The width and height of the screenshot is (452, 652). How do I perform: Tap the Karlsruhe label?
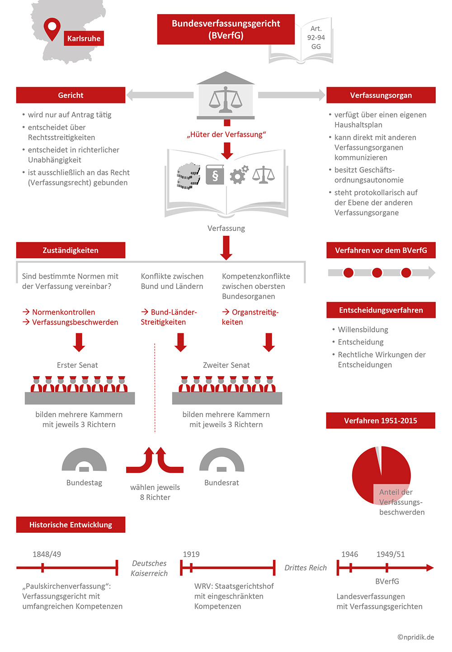(x=84, y=38)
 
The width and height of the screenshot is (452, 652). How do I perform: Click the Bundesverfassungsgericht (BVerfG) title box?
(x=226, y=29)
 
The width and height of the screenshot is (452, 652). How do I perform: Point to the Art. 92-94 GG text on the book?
(x=316, y=37)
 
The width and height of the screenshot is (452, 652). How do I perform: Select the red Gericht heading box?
(x=71, y=95)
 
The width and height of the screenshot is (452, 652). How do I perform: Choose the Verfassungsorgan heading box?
(x=381, y=95)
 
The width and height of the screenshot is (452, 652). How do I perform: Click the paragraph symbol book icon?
(x=215, y=175)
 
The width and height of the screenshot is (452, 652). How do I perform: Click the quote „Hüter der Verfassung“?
(x=226, y=135)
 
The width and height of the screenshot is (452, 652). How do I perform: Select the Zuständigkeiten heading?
(x=71, y=250)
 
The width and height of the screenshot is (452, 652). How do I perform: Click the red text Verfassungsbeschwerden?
(x=75, y=322)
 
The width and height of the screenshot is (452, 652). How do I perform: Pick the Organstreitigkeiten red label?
(x=250, y=317)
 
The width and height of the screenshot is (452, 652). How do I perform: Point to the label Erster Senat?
(x=77, y=365)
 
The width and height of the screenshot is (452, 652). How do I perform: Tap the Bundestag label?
(x=84, y=483)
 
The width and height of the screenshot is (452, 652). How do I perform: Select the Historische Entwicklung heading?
(x=71, y=525)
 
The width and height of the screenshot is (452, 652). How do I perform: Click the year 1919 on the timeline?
(x=191, y=554)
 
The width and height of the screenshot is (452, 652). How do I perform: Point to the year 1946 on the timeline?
(x=349, y=554)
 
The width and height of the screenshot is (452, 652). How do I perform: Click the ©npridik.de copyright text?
(x=415, y=637)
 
